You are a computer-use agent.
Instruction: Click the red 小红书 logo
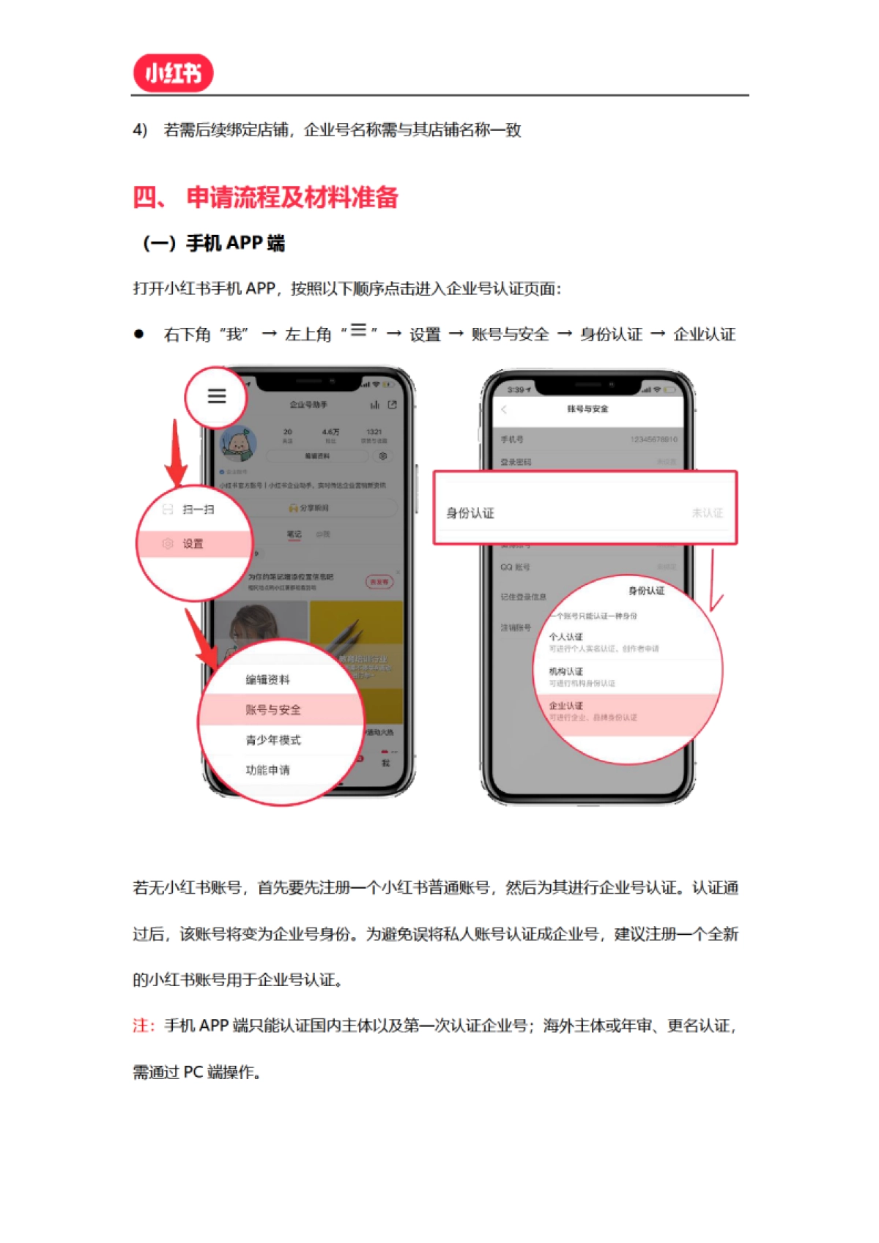[173, 73]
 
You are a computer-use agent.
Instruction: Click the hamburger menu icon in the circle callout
[216, 396]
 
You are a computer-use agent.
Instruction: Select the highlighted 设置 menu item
[193, 544]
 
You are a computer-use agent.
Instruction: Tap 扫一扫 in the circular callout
[198, 509]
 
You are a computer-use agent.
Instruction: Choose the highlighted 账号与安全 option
[273, 709]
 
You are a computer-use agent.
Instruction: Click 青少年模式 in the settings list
[273, 740]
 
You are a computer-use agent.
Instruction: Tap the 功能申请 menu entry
[267, 770]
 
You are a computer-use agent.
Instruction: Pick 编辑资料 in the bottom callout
[267, 680]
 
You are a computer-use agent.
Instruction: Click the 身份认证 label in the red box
[470, 513]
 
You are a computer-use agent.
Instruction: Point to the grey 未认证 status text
[707, 513]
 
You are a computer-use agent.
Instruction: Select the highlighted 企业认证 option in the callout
[566, 706]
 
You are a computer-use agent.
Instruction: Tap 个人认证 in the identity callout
[566, 637]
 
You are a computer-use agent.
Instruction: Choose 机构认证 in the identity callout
[566, 671]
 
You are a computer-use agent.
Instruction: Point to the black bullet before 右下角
[138, 335]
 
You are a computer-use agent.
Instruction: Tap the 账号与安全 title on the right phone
[587, 409]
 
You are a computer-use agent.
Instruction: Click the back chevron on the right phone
[504, 409]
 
